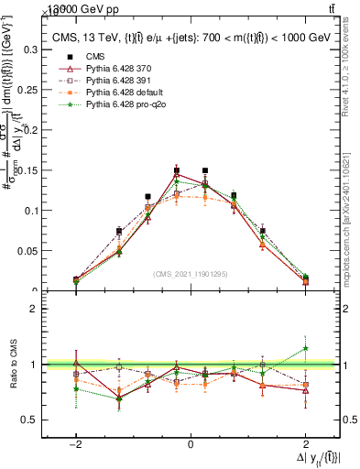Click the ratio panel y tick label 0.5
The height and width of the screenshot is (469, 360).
click(x=31, y=420)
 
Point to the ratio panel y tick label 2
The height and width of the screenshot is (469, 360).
click(x=35, y=309)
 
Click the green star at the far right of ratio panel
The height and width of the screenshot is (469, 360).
click(x=305, y=348)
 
